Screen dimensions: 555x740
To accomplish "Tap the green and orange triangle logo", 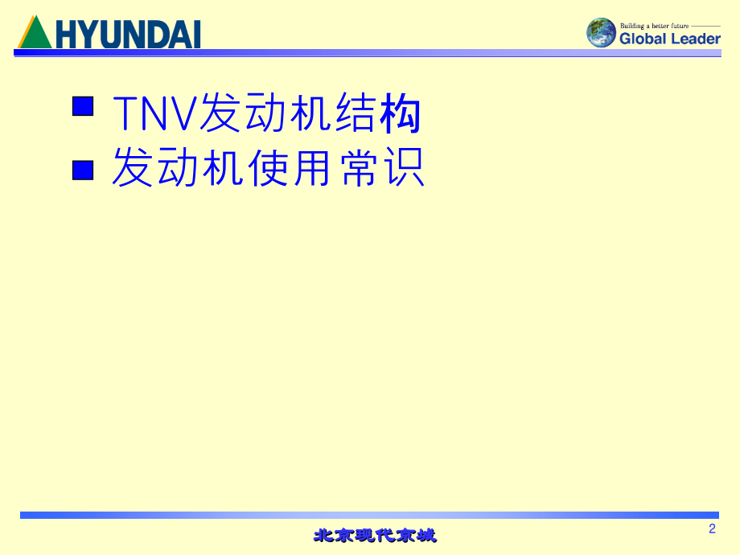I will pos(34,35).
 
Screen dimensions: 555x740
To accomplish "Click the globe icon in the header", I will pos(601,33).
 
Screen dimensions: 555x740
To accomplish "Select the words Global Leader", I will pos(669,38).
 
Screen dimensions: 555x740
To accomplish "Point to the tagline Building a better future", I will pos(654,26).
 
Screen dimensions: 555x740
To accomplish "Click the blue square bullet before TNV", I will pos(83,106).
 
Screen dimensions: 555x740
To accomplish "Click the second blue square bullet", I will pos(83,170).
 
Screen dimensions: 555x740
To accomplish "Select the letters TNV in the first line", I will pos(154,113).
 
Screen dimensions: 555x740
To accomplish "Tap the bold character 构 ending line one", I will pos(400,113).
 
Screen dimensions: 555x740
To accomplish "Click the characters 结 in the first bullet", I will pos(355,113).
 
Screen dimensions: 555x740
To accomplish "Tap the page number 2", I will pos(712,528).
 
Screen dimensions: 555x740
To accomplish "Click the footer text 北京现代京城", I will pos(375,535).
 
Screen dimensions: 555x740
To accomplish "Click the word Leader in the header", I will pos(694,38).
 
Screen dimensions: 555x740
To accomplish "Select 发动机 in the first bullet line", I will pos(265,113).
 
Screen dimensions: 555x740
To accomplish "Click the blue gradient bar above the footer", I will pos(370,515).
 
